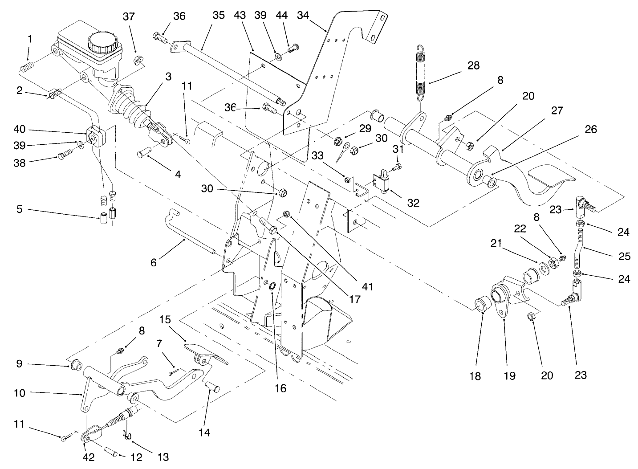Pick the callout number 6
point(154,262)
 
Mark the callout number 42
point(89,457)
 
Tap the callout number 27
point(557,111)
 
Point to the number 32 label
point(413,203)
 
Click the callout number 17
point(354,300)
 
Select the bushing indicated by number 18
point(482,306)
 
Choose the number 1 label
point(30,39)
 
